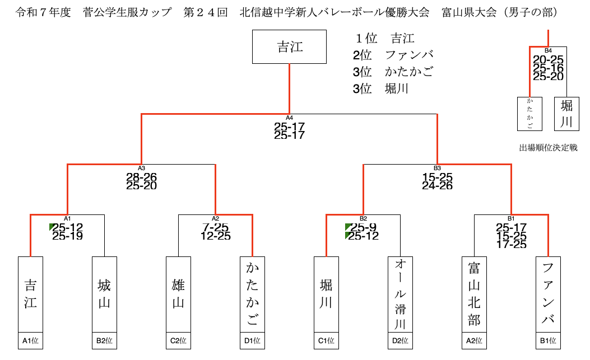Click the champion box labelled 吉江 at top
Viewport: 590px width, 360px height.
click(x=290, y=47)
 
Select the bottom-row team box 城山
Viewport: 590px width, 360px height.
click(x=104, y=294)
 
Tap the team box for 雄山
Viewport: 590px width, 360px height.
click(x=178, y=294)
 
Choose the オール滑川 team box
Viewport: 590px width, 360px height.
click(x=400, y=294)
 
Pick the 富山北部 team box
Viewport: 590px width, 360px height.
click(x=474, y=294)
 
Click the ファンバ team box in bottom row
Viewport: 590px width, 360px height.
click(x=548, y=294)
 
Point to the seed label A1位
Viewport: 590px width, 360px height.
click(x=30, y=340)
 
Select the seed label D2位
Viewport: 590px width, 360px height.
click(x=400, y=340)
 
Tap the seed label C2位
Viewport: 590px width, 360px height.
click(x=178, y=340)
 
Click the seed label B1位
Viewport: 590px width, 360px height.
click(x=548, y=340)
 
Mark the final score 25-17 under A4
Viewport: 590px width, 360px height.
click(x=290, y=127)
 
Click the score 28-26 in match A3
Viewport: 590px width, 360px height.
click(x=141, y=177)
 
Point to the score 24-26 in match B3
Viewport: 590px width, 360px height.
click(x=438, y=185)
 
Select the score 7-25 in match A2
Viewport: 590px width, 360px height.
click(x=216, y=227)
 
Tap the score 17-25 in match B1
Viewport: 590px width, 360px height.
click(x=511, y=244)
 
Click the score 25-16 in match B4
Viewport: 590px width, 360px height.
click(x=548, y=68)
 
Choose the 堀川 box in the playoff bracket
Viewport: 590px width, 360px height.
click(x=566, y=114)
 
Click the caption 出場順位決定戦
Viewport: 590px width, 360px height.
click(x=548, y=148)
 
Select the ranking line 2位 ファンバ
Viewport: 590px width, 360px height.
click(x=393, y=55)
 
